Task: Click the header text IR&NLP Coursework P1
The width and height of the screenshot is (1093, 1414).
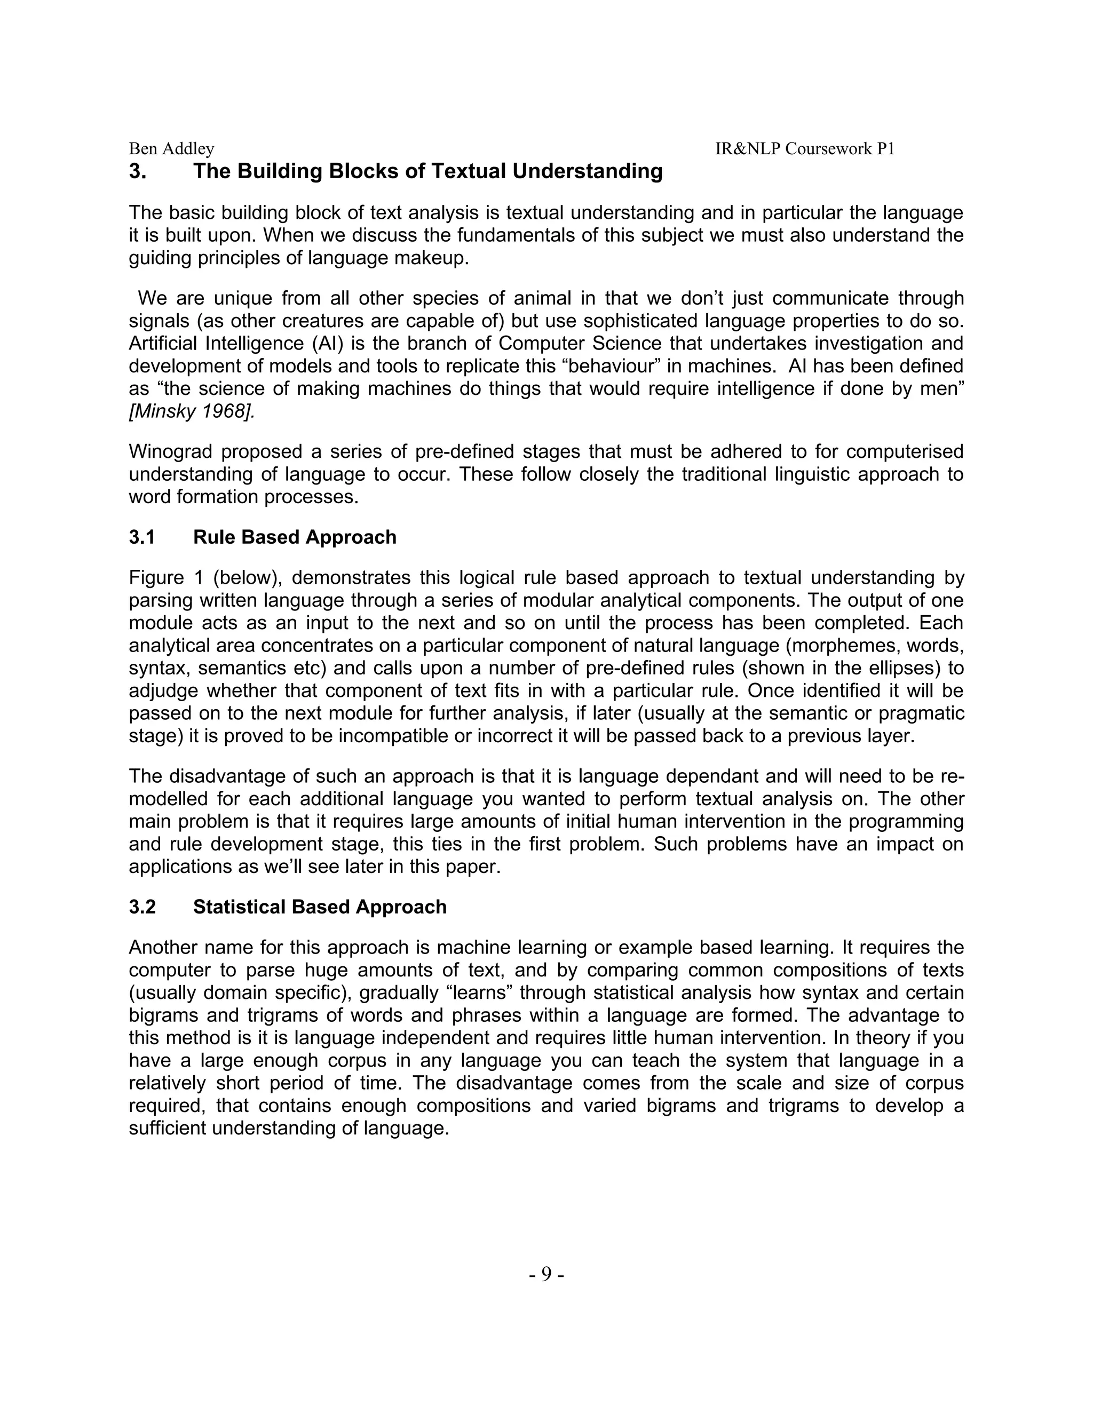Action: [x=804, y=149]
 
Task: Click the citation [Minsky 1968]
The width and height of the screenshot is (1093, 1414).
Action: [x=192, y=411]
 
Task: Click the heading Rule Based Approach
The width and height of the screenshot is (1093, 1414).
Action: [x=295, y=537]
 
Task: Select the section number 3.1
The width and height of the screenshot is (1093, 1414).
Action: [x=142, y=537]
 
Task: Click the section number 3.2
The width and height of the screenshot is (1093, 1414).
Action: [x=142, y=907]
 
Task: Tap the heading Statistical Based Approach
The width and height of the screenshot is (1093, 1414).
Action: [x=320, y=907]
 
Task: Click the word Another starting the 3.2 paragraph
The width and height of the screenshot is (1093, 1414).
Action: [x=161, y=947]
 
